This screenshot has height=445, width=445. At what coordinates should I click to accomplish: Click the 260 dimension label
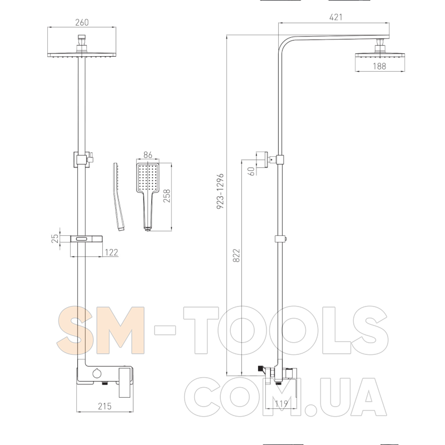pos(82,22)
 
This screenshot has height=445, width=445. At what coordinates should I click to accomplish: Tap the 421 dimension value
pos(336,17)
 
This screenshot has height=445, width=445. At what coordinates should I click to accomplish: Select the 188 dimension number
pos(379,66)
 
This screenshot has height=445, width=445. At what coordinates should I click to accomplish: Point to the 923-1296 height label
pos(220,191)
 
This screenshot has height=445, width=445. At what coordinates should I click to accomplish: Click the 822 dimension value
pos(236,255)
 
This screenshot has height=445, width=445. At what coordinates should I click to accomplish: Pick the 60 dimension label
pos(251,171)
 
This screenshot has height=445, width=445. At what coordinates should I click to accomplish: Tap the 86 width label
pos(148,155)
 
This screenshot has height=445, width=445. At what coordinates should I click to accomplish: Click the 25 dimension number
pos(56,238)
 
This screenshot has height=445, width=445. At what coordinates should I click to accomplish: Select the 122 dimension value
pos(111,253)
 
